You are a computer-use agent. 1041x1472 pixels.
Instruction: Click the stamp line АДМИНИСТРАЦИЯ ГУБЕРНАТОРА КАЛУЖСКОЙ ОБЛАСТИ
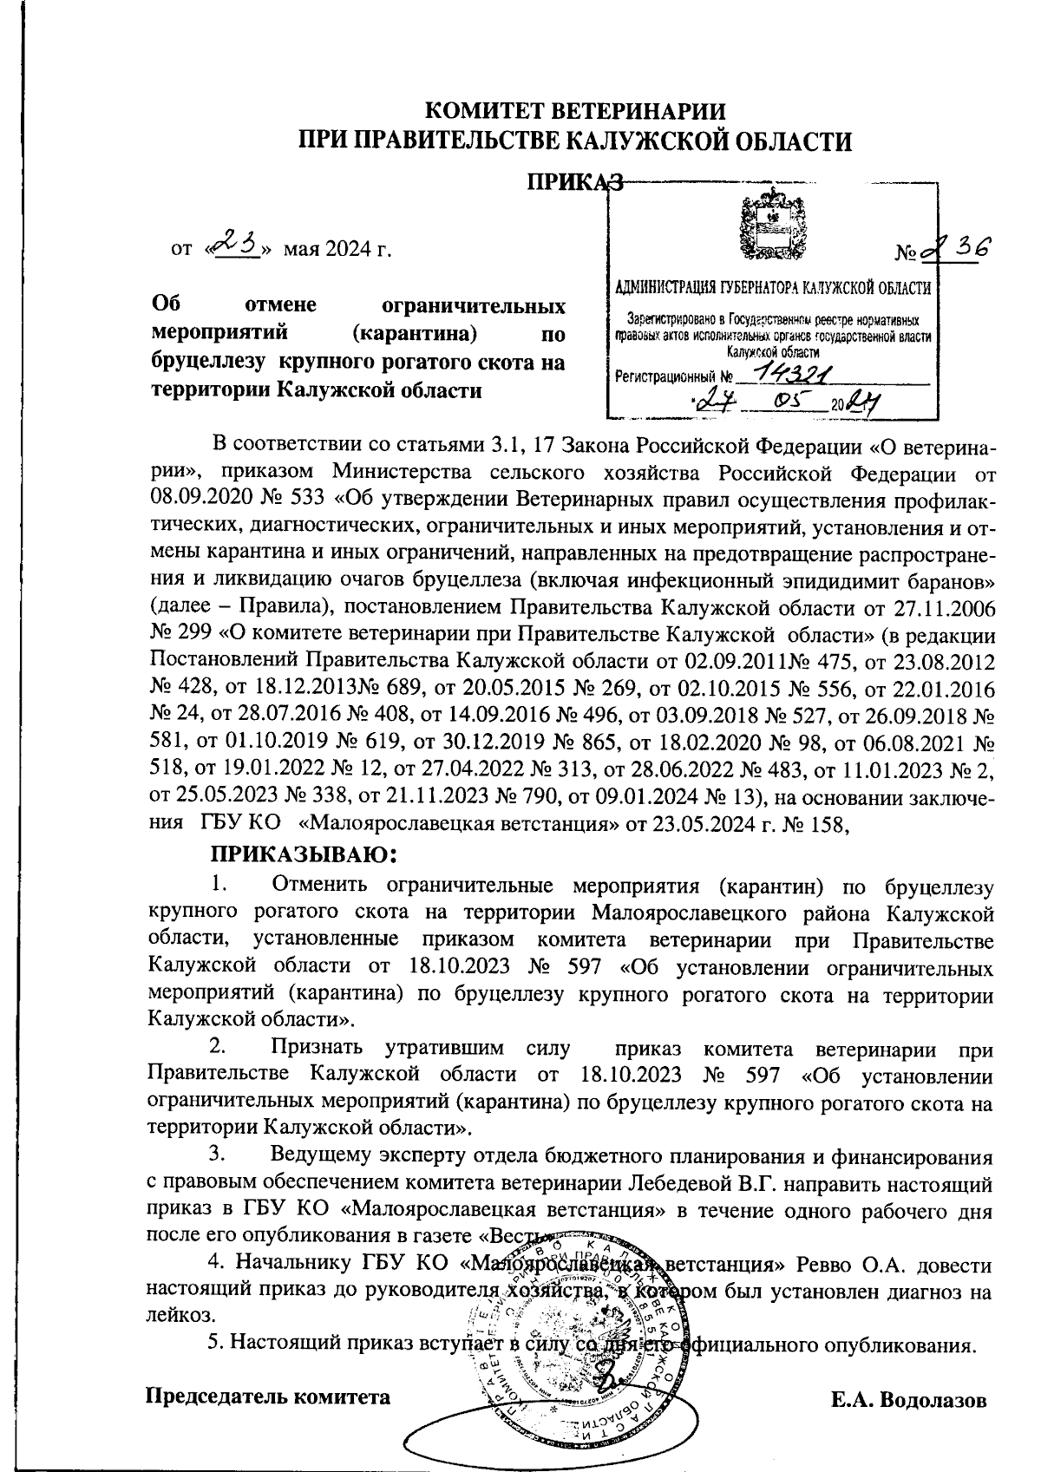(x=771, y=288)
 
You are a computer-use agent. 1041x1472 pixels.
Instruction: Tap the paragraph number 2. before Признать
(x=219, y=1050)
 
